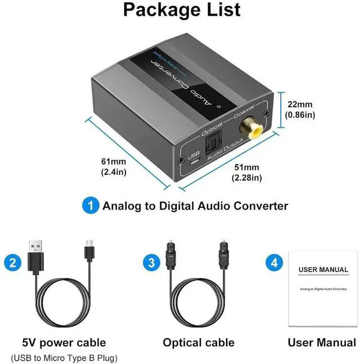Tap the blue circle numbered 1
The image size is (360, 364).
(x=90, y=205)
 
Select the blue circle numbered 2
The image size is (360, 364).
(x=12, y=262)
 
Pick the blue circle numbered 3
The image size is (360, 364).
(x=151, y=262)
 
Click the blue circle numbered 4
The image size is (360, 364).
(x=274, y=262)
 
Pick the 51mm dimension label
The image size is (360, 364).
(x=247, y=172)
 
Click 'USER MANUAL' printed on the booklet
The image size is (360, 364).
(x=323, y=270)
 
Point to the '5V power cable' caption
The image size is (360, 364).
(x=64, y=343)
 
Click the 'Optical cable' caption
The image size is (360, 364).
(x=199, y=343)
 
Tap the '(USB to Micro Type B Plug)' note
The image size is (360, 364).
(x=64, y=358)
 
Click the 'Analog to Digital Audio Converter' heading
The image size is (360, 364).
(x=195, y=206)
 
